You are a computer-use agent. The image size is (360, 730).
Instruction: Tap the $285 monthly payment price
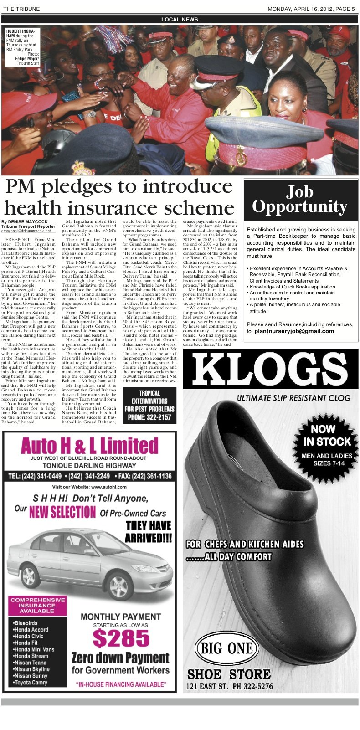121,638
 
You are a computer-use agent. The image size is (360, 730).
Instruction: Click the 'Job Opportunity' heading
300,200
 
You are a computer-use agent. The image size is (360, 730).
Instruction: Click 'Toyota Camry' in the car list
31,682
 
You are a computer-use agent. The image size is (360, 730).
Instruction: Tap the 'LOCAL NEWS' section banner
180,20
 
